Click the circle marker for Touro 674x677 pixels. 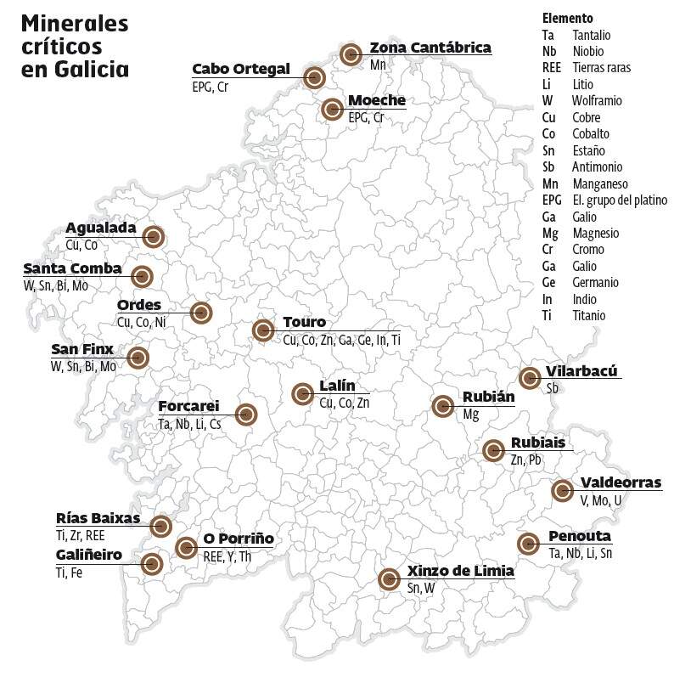click(x=263, y=330)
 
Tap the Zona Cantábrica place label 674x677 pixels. click(x=430, y=48)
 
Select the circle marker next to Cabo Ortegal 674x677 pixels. click(x=314, y=77)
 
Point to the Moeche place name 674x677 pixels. click(x=377, y=101)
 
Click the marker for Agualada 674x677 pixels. click(x=154, y=237)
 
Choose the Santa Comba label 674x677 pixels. click(x=72, y=269)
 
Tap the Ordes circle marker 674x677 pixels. click(x=200, y=313)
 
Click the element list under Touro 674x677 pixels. click(x=341, y=340)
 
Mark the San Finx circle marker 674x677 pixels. click(x=138, y=358)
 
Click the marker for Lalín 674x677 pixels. click(x=302, y=393)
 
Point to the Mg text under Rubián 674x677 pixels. click(x=470, y=415)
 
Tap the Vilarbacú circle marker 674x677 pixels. click(x=530, y=378)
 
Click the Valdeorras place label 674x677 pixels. click(x=621, y=483)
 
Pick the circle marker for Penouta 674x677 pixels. click(x=528, y=544)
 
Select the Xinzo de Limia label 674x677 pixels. click(x=460, y=571)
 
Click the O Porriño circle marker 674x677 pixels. click(x=187, y=547)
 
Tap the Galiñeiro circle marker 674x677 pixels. click(x=152, y=563)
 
